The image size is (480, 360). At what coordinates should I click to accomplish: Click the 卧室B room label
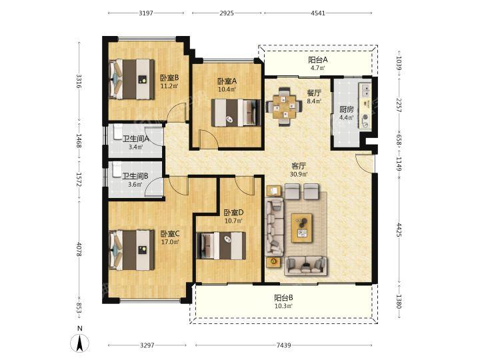tap(169, 78)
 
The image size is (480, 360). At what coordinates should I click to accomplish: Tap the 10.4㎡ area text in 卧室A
tap(227, 89)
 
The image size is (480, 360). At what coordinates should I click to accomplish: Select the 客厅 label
tap(299, 166)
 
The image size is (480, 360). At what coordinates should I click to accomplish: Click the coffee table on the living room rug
tap(302, 228)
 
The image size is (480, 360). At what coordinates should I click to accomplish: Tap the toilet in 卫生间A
tap(117, 132)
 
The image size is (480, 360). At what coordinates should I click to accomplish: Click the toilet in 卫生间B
tap(117, 170)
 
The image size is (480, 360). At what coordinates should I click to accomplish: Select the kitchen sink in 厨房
tap(365, 89)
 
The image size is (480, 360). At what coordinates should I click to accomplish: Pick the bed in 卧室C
tap(131, 250)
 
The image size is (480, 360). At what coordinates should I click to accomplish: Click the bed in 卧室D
tap(221, 245)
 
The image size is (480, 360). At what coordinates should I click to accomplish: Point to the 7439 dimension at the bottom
tap(283, 345)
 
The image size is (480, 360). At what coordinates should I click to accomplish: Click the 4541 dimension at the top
tap(318, 13)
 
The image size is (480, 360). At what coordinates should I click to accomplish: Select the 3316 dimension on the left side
tap(79, 81)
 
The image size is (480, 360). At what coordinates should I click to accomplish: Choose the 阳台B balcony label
tap(283, 297)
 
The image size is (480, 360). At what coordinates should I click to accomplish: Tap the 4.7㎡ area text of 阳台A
tap(318, 68)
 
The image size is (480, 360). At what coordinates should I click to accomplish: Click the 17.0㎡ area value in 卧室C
tap(170, 242)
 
